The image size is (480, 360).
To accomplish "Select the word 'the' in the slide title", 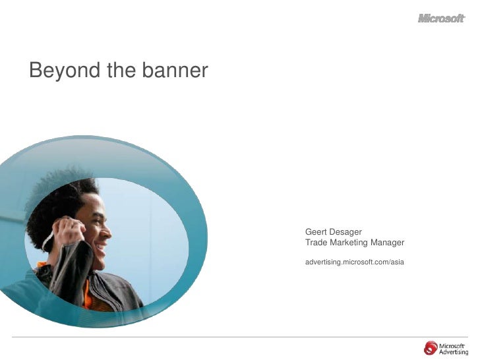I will click(x=117, y=70).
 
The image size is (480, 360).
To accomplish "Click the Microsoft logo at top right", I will click(x=441, y=18).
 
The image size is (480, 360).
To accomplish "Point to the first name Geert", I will click(x=316, y=232).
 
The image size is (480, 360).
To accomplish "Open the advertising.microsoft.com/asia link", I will click(x=354, y=262).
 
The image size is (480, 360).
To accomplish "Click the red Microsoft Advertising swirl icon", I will click(x=431, y=347).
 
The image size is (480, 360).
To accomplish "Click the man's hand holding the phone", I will click(x=67, y=231).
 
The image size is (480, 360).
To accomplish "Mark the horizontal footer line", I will click(x=240, y=337).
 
